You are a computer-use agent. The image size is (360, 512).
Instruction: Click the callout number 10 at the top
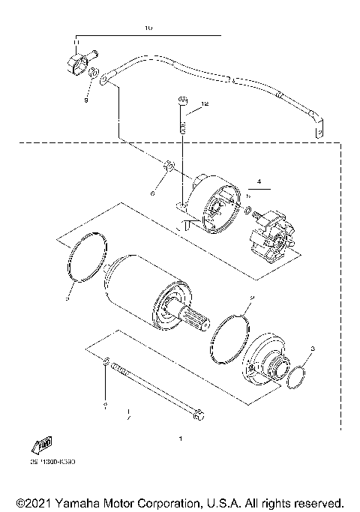[148, 28]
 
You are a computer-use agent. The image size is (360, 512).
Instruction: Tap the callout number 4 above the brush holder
[259, 181]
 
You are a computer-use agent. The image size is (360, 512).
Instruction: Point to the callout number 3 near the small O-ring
[312, 349]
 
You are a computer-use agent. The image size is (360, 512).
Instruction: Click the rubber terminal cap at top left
[77, 57]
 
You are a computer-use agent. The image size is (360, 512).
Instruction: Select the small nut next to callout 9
[94, 75]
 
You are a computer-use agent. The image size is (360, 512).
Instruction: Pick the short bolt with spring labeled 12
[181, 116]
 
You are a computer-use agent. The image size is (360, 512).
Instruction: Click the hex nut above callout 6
[169, 164]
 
